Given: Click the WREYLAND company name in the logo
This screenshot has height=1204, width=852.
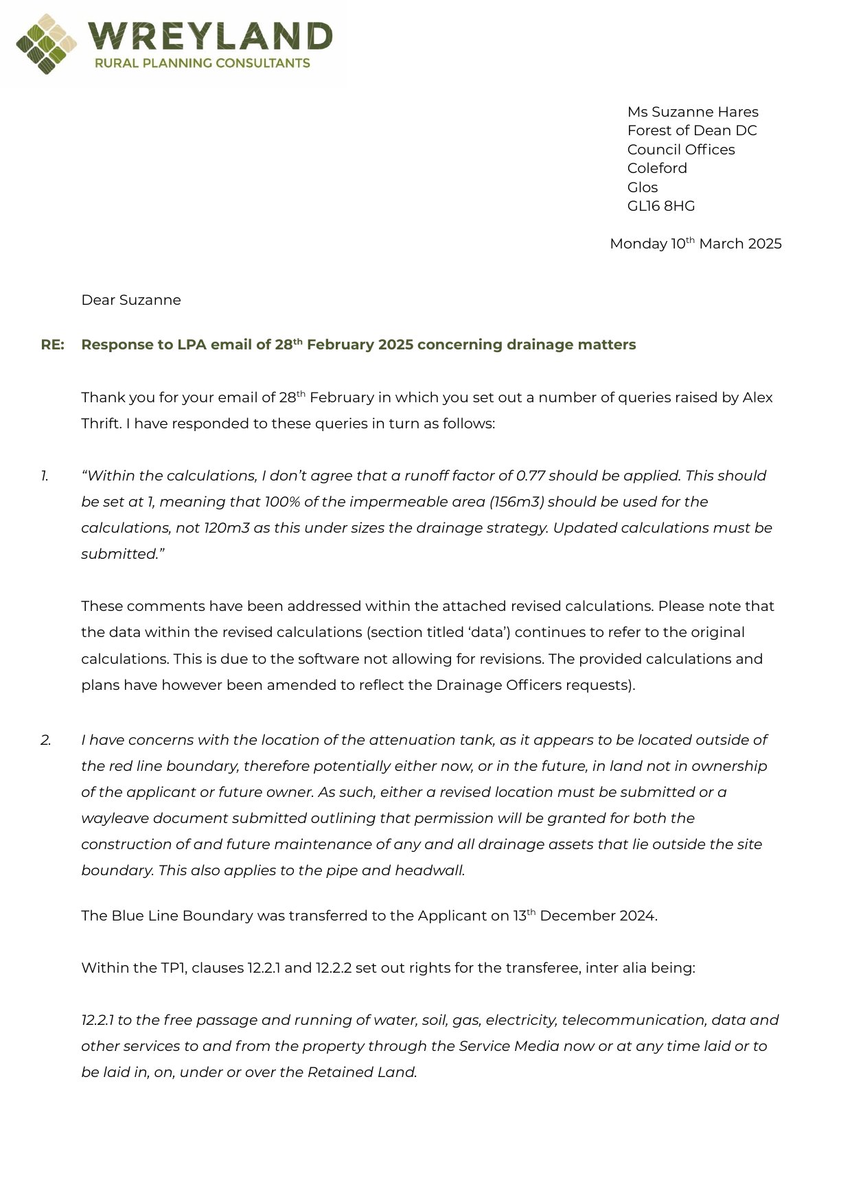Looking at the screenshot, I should point(210,36).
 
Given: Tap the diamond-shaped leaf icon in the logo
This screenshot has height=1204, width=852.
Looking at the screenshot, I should point(46,44).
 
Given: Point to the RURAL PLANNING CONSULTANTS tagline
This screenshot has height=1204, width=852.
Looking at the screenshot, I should point(202,63).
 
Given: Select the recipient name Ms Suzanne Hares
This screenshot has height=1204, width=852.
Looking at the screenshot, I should point(692,112).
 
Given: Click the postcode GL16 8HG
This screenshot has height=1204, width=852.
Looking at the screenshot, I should point(660,206).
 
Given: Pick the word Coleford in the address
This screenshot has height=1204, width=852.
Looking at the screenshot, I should point(656,168).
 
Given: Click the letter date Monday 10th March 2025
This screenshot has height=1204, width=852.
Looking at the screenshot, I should point(695,244).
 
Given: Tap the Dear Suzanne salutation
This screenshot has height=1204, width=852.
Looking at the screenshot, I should point(130,300).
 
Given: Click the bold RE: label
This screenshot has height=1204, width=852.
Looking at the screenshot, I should point(52,345).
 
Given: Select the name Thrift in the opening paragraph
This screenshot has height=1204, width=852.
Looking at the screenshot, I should point(100,424).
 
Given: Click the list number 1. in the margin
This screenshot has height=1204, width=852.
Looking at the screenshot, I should point(45,476).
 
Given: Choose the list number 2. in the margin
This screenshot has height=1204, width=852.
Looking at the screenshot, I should point(45,740).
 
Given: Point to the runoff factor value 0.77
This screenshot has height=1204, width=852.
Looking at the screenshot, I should point(530,476).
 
